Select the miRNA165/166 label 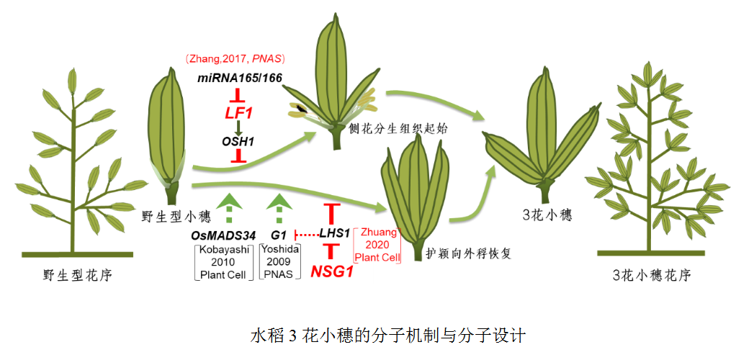pos(240,77)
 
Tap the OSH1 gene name pos(238,141)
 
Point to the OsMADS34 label pos(223,235)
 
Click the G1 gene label pos(279,235)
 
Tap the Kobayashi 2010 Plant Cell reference pos(224,261)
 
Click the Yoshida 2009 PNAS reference pos(279,261)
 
